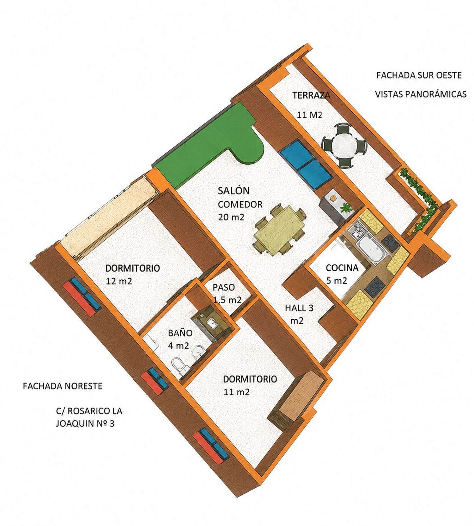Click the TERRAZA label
coord(311,95)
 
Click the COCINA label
coord(342,268)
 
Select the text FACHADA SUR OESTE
coord(419,75)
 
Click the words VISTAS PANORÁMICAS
coord(421,94)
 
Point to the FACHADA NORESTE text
coord(63,386)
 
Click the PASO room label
coord(224,287)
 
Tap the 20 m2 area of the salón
coord(231,218)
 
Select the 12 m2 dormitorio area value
coord(119,281)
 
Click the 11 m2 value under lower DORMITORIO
coord(237,392)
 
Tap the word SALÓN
coord(234,191)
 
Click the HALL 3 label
coord(299,308)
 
